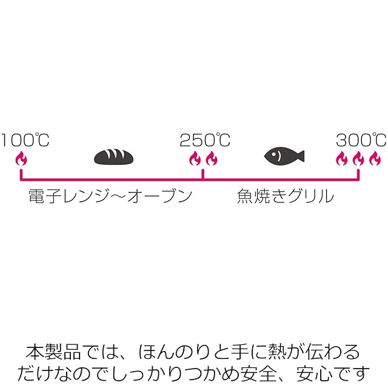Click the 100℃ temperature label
[x=25, y=141]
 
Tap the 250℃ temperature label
[x=205, y=141]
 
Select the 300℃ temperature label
[x=361, y=141]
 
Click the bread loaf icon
[x=113, y=158]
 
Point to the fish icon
[x=283, y=156]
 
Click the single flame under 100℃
[x=21, y=159]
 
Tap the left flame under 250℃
[x=195, y=159]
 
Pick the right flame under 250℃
[x=211, y=159]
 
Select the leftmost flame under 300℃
[x=343, y=159]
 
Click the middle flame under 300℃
[x=358, y=159]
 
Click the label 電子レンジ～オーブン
[x=110, y=196]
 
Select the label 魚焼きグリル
[x=286, y=196]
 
